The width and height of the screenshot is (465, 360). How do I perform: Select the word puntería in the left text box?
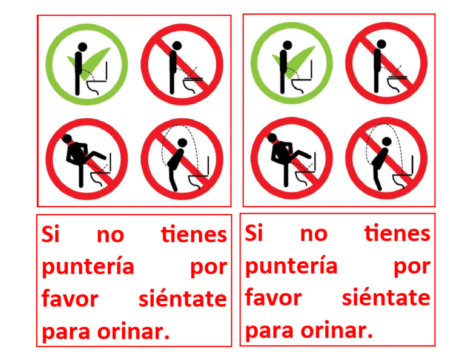click(x=88, y=267)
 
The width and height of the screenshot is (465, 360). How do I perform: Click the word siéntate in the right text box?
click(x=386, y=298)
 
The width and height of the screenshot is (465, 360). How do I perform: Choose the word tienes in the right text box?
click(x=397, y=233)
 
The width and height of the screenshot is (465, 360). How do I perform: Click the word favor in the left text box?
click(x=70, y=299)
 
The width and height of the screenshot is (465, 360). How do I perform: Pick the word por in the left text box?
click(x=209, y=267)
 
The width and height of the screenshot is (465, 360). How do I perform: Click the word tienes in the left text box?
click(x=194, y=235)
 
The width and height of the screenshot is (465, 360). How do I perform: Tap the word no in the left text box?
click(x=110, y=235)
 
